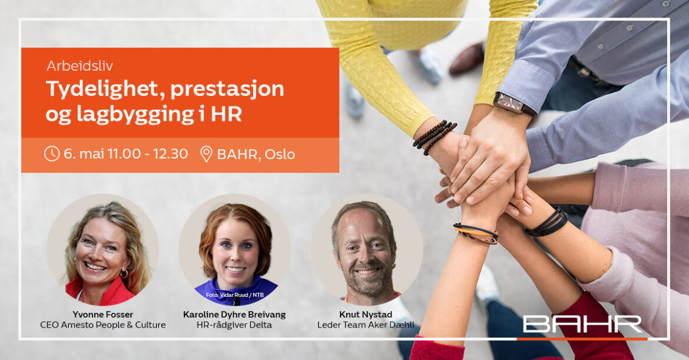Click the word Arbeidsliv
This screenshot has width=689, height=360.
(79, 66)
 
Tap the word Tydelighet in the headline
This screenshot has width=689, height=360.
(105, 89)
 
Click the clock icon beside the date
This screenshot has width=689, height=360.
(52, 154)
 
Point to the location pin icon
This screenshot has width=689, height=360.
(206, 154)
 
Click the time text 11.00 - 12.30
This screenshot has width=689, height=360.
(148, 154)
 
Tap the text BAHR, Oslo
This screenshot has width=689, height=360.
(256, 154)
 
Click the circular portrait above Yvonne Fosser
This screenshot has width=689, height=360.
(103, 250)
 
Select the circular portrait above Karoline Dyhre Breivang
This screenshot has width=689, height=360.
(234, 250)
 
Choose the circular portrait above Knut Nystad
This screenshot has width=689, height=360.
(367, 250)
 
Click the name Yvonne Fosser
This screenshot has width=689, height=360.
(103, 314)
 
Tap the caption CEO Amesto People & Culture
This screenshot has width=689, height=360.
(103, 325)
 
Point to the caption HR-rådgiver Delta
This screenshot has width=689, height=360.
(234, 325)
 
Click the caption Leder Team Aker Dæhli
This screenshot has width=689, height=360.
(366, 325)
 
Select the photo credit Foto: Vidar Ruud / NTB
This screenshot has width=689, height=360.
(234, 295)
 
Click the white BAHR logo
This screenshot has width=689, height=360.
(582, 324)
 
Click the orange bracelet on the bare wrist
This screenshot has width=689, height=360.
(476, 233)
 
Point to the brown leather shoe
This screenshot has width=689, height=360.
(466, 58)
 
